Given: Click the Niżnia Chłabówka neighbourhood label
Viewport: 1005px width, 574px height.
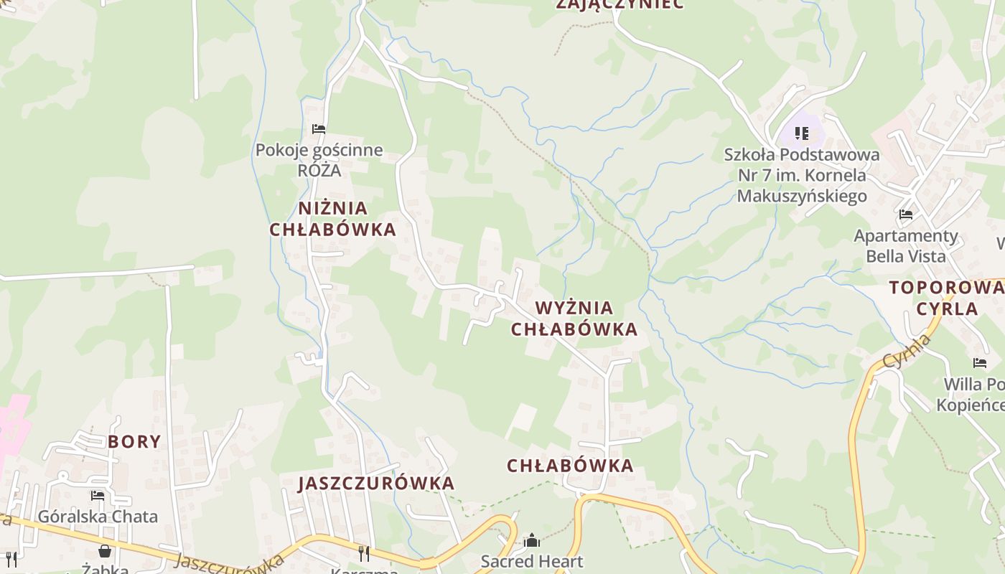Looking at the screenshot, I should [x=332, y=219].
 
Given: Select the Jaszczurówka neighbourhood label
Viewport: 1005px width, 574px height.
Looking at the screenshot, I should [x=377, y=483].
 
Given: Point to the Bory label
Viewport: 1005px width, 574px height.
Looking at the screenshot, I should [x=134, y=441].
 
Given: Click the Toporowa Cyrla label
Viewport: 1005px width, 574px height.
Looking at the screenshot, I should [x=946, y=298].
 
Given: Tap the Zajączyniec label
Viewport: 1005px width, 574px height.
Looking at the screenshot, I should [x=620, y=4].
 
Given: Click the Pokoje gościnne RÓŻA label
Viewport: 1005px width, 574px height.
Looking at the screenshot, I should [x=319, y=161].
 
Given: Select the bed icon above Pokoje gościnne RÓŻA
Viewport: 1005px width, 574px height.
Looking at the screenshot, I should [x=319, y=129].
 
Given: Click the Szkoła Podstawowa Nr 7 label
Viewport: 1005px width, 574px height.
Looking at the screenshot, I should [x=802, y=175].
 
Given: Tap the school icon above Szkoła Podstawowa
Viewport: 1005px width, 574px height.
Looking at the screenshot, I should [x=802, y=133].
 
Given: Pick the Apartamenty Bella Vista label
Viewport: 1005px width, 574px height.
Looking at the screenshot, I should [x=906, y=245].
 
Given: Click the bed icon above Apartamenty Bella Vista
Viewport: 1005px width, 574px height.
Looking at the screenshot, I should [x=906, y=214].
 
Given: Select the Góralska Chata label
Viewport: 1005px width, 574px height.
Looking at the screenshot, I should [x=98, y=516].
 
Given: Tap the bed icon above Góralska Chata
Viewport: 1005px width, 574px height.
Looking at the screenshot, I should [x=98, y=495].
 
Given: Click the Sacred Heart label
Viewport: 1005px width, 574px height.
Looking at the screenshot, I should [x=532, y=561].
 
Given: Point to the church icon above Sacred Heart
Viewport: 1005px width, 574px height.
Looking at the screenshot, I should [x=532, y=540].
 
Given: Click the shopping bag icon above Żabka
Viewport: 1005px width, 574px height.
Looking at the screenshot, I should [x=105, y=550].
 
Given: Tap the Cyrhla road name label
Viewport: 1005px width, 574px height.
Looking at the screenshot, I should [x=907, y=352].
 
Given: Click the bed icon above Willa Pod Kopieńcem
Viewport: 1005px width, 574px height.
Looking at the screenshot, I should [x=980, y=363].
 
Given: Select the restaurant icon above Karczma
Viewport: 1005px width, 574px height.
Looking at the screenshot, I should [x=364, y=553].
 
